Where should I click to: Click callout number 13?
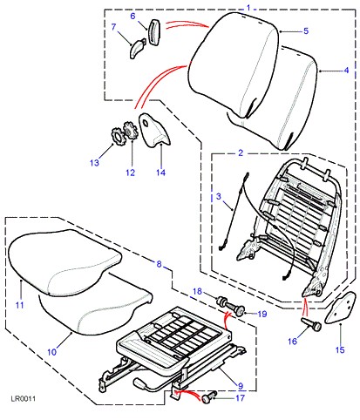tap(94, 163)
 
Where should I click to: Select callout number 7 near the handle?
tap(113, 27)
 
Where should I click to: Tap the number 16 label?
tap(293, 341)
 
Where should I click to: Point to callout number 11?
tap(19, 305)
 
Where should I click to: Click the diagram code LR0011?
tap(24, 398)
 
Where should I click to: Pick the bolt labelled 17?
tap(208, 396)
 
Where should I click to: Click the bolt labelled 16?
tap(312, 324)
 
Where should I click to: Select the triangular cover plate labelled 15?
tap(343, 308)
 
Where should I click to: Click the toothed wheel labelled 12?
tap(130, 131)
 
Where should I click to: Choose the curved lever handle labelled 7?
tap(137, 49)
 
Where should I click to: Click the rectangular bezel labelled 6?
tap(154, 32)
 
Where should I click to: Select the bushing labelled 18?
tap(221, 301)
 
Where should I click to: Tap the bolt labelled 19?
tap(234, 309)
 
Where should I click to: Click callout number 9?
tap(241, 386)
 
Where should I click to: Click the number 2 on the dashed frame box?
tap(241, 152)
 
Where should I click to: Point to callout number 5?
tap(306, 30)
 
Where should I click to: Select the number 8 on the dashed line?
tap(159, 264)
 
